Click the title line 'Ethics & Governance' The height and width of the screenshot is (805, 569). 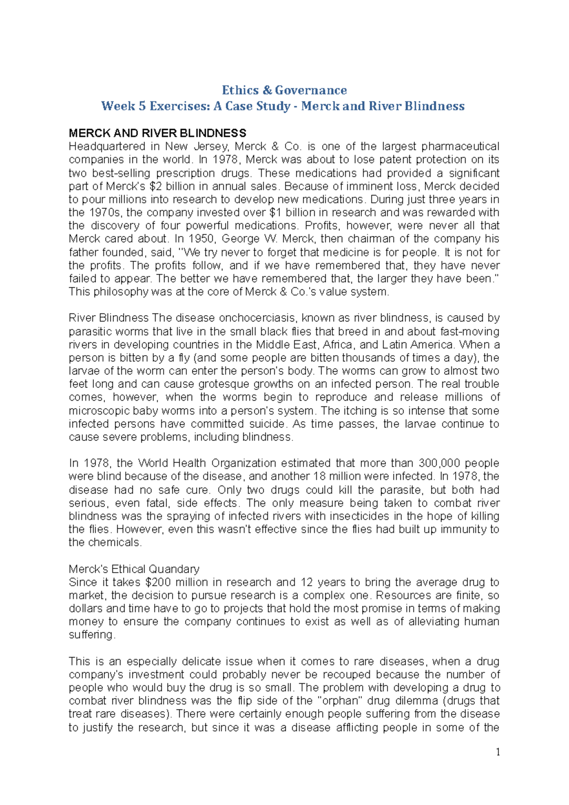coord(284,90)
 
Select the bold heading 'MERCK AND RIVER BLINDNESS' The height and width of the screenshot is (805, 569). coord(157,133)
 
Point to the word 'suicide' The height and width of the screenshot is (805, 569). coord(268,424)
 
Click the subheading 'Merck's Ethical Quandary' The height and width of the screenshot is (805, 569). coord(134,569)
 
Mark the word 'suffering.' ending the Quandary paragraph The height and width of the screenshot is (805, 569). coord(92,635)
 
